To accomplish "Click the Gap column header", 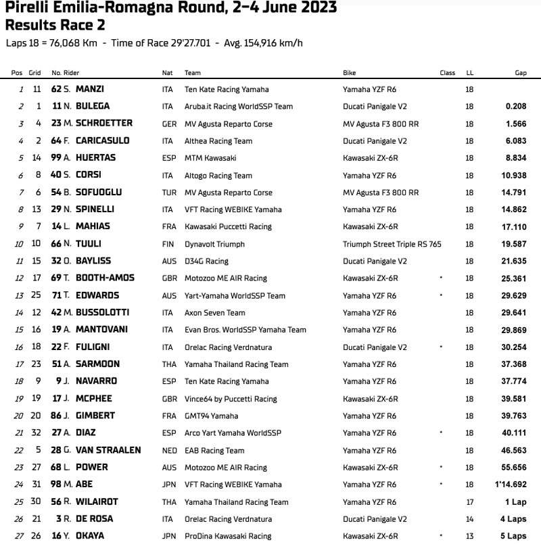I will [521, 73].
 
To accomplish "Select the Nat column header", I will [168, 73].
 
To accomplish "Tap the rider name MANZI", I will [90, 89].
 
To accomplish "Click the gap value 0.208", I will [516, 106].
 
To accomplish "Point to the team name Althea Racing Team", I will [218, 141].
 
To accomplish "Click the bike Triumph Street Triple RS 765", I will [392, 244].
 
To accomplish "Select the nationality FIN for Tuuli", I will [168, 244].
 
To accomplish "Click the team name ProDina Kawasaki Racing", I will [225, 537].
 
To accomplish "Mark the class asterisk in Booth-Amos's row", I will [441, 278].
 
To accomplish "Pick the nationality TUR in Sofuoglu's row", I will [168, 193].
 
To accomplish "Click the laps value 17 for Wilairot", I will [469, 502].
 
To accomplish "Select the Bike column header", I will [350, 73].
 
